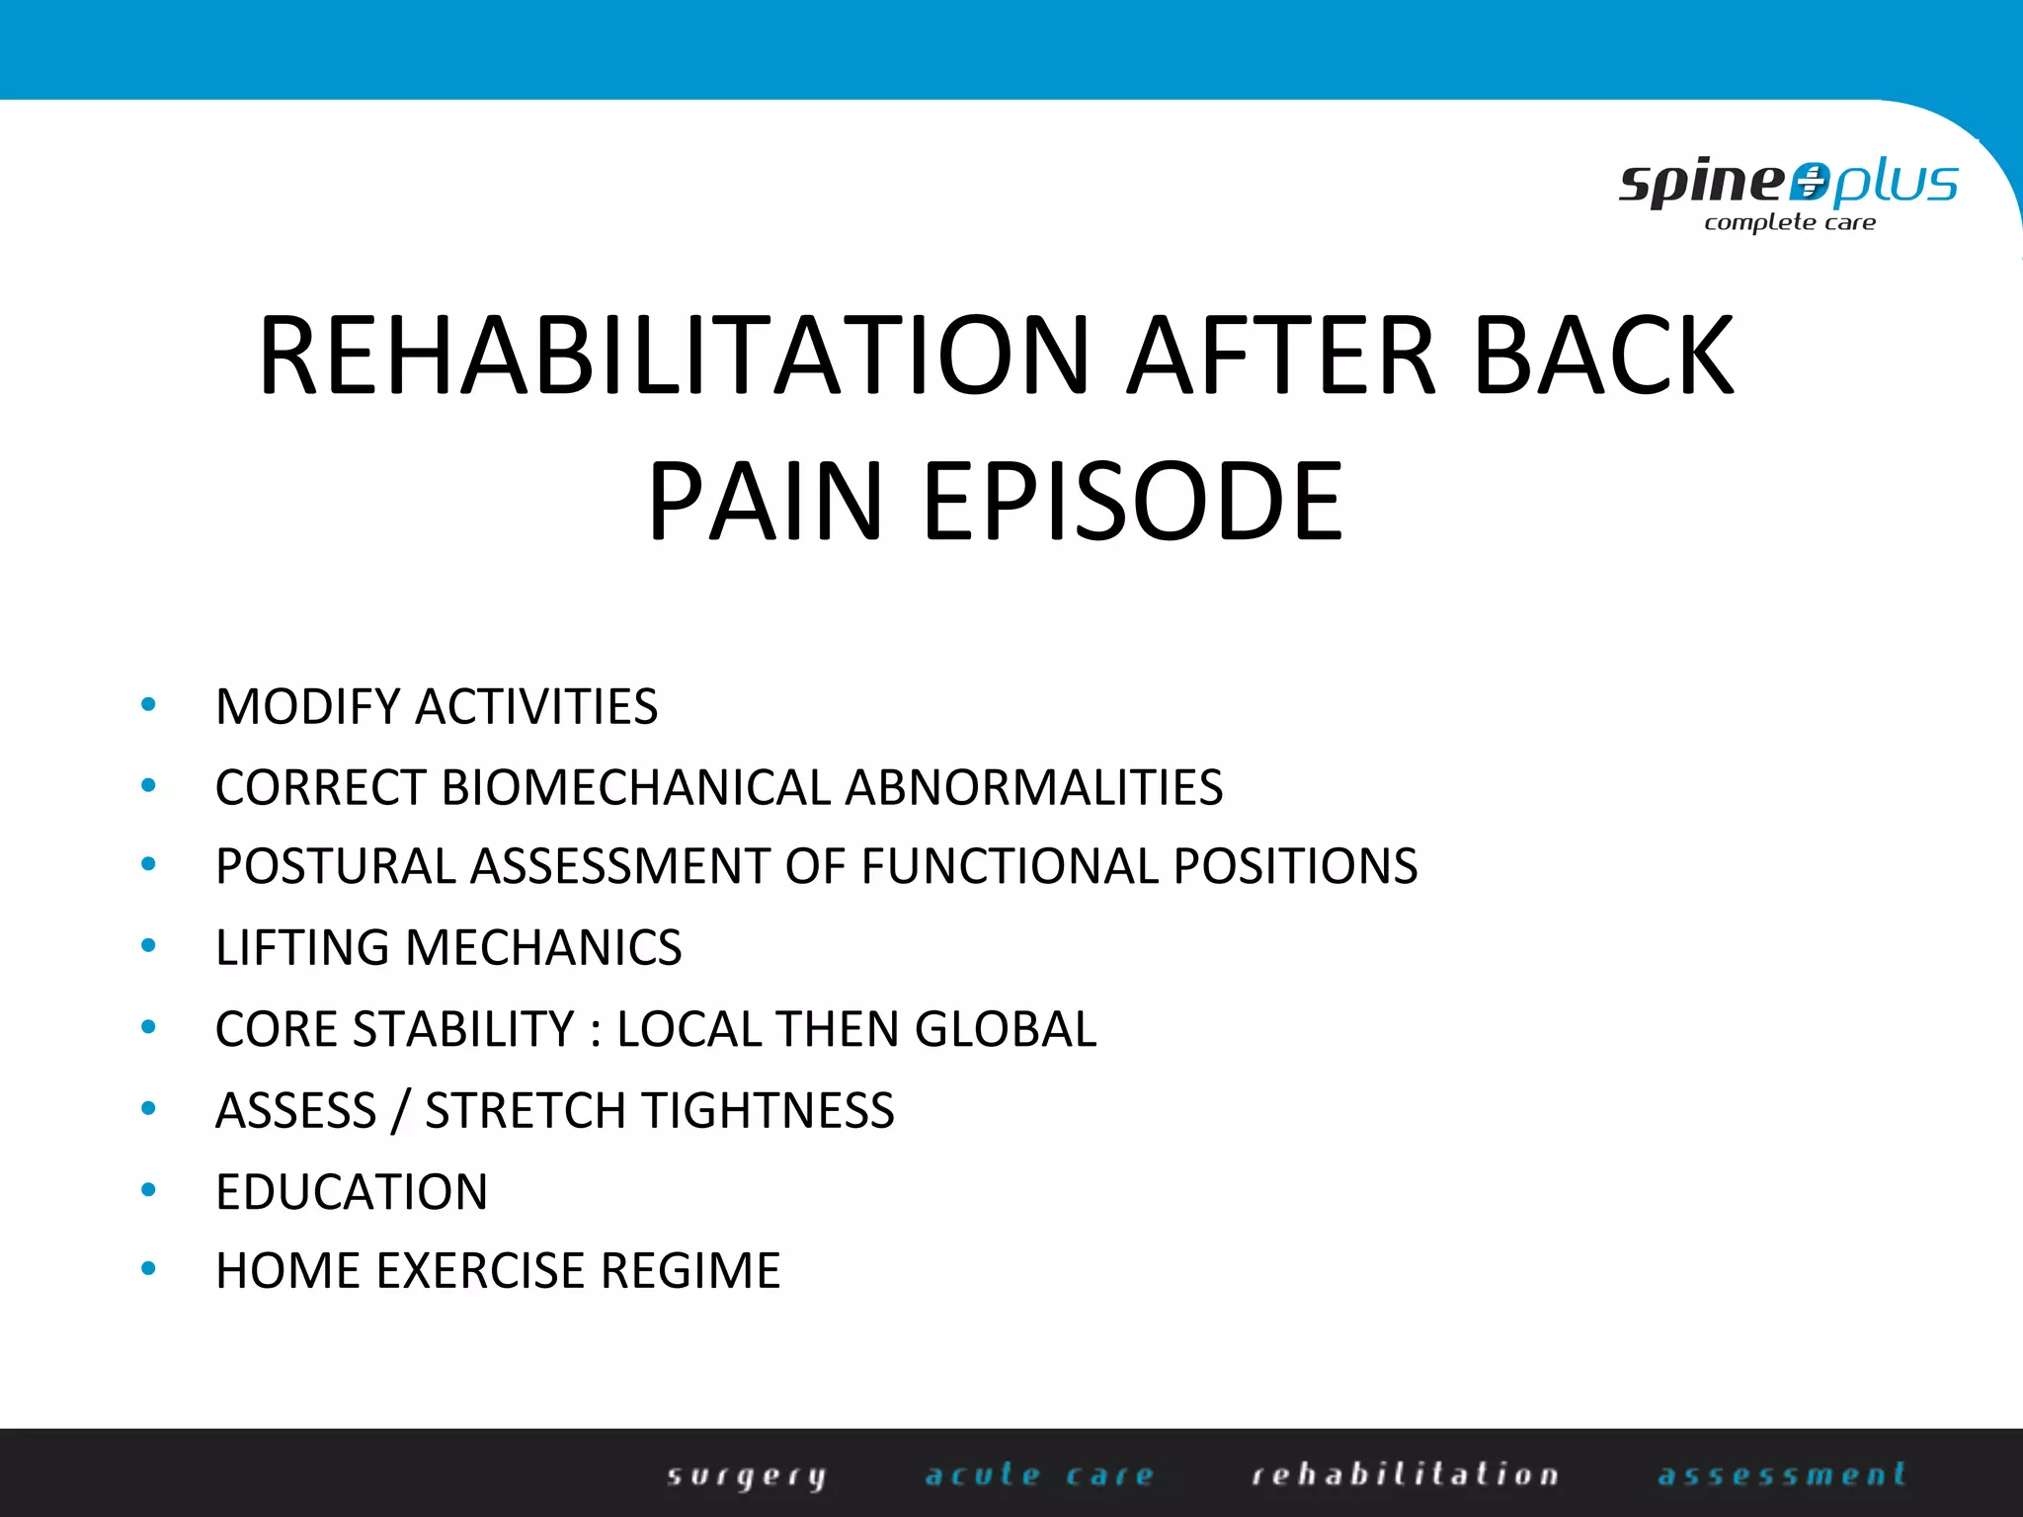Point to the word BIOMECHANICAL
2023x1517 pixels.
pos(636,788)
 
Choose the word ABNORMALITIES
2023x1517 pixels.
pos(1033,788)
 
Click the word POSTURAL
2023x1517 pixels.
pos(335,867)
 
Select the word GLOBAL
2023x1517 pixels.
pos(1006,1029)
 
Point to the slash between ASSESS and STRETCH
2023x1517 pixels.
pos(400,1111)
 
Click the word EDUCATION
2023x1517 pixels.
pos(352,1192)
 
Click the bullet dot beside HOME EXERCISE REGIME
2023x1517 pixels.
pos(148,1269)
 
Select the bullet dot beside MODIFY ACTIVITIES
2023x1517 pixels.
pos(148,705)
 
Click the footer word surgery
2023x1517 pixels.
pos(747,1476)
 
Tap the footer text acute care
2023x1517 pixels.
pos(1039,1476)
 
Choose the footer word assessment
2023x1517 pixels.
pos(1782,1476)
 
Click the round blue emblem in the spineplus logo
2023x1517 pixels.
pos(1810,182)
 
